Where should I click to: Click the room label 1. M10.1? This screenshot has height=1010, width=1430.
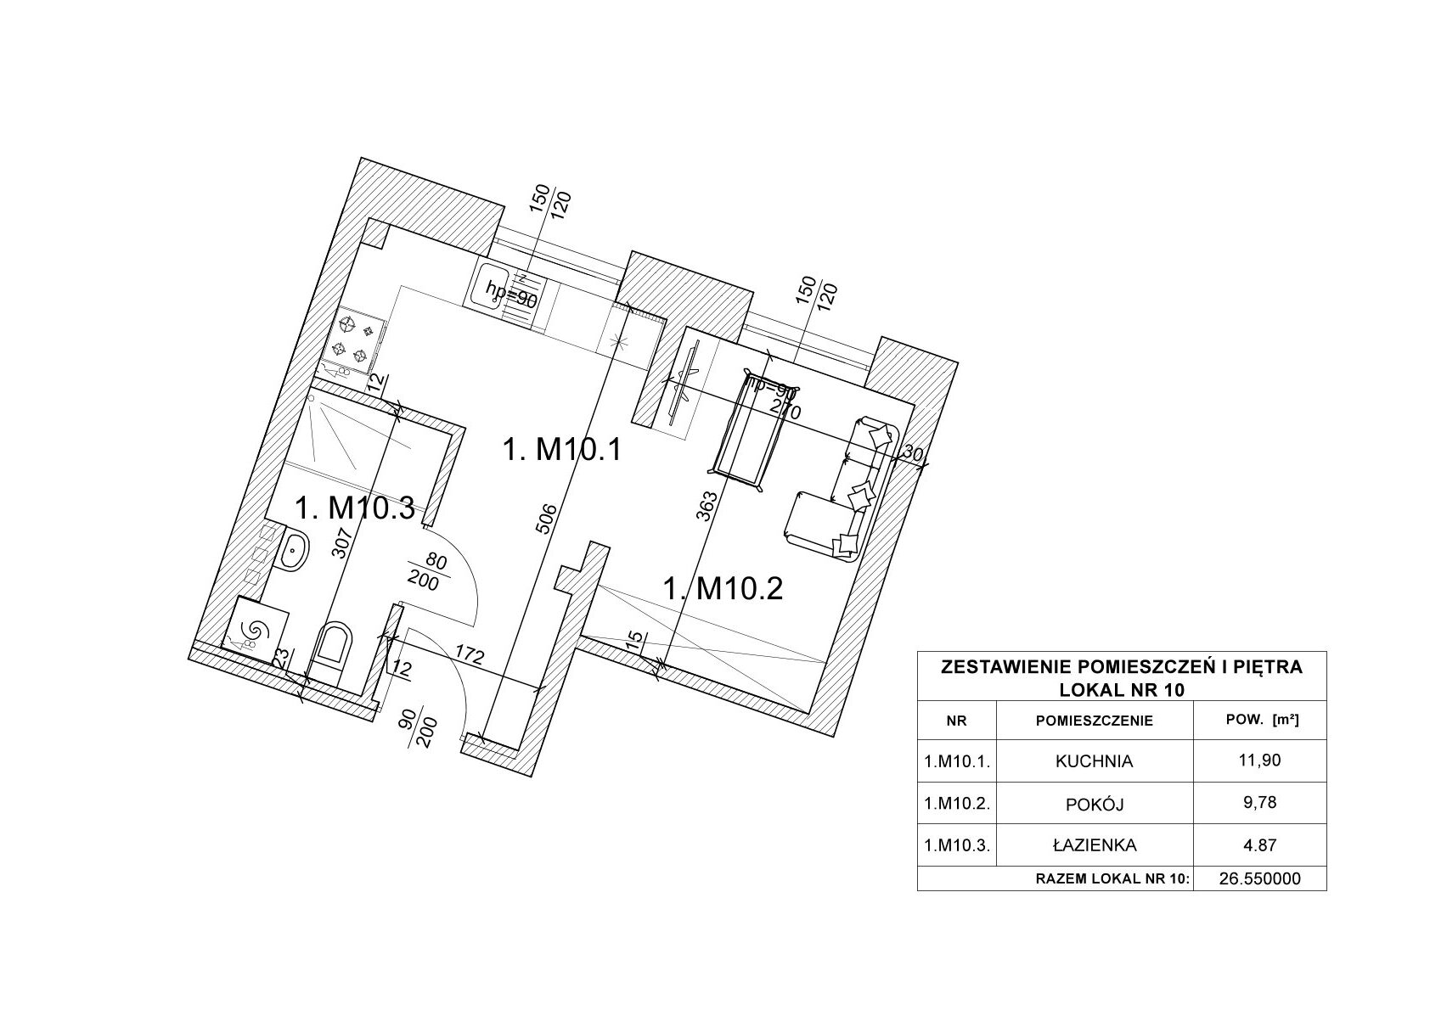[x=563, y=449]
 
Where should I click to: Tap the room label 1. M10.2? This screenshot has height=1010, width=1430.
[x=723, y=587]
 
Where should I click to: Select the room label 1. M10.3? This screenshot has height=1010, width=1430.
[x=354, y=508]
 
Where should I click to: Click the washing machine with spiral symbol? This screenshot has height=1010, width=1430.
[x=253, y=628]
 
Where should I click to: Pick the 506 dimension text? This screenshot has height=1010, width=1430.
[x=549, y=519]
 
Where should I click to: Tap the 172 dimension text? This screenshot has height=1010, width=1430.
[x=469, y=656]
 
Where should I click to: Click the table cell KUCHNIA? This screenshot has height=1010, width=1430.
[x=1094, y=761]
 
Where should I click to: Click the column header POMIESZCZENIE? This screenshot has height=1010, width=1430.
[x=1094, y=721]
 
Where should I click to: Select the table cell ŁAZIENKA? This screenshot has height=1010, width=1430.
[x=1094, y=844]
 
